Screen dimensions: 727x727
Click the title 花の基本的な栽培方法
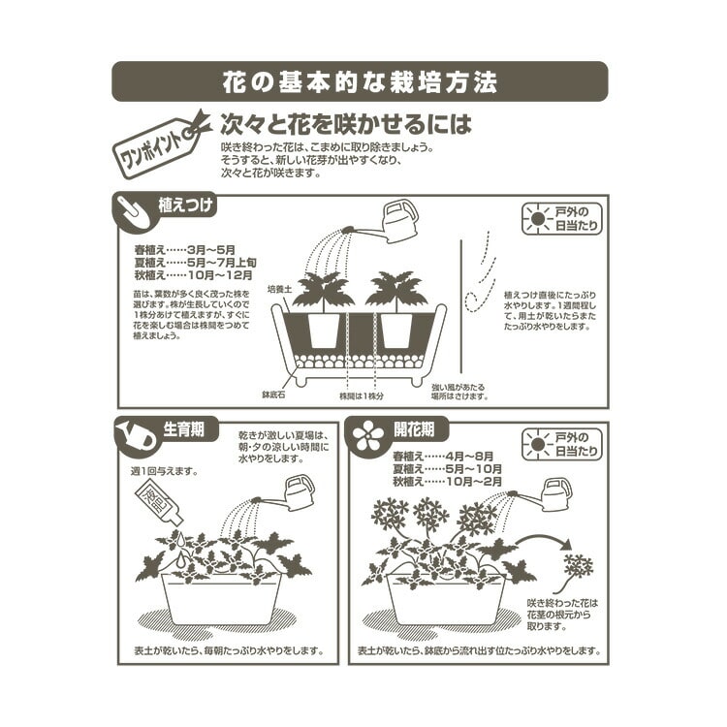point(360,82)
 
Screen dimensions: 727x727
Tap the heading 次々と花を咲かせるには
point(346,124)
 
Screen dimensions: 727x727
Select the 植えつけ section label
point(186,205)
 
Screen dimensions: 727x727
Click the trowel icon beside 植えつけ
point(135,210)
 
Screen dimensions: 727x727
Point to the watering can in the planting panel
point(398,223)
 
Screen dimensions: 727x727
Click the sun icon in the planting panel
point(536,218)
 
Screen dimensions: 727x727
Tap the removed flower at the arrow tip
point(579,566)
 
